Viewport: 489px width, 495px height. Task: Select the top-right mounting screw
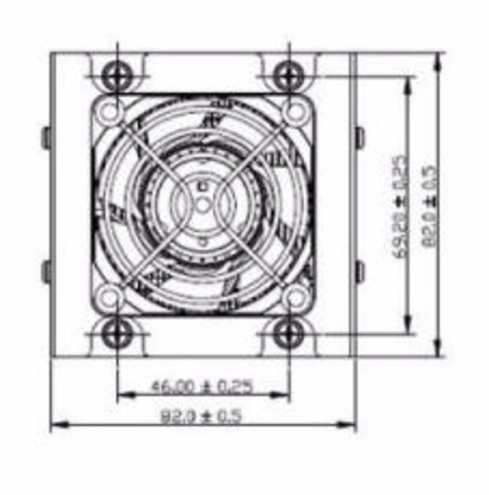pos(287,77)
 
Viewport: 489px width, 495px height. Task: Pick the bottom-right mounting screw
pos(287,333)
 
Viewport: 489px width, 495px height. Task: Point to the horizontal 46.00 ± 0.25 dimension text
pos(201,384)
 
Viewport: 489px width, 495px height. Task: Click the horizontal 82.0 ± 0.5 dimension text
pos(201,417)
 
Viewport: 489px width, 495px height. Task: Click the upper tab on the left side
pos(46,137)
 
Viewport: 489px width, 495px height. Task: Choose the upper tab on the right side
pos(359,137)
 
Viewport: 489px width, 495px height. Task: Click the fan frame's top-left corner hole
pos(107,110)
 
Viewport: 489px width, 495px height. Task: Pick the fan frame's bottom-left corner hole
pos(107,295)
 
